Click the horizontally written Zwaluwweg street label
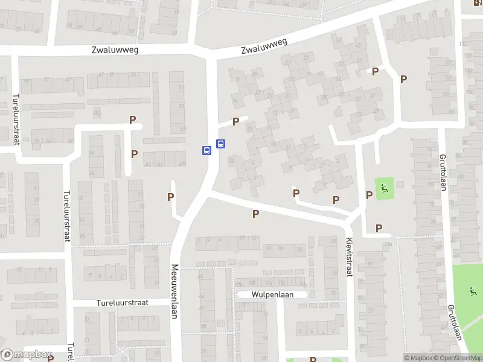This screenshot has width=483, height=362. point(115,50)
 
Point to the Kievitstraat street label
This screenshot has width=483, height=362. point(348,257)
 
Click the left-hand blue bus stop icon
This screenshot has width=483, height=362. point(206,151)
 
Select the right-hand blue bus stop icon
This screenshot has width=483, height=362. point(221,144)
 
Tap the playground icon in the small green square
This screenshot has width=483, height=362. point(384,191)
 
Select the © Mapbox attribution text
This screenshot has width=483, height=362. point(418,358)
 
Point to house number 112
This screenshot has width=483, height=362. point(464,43)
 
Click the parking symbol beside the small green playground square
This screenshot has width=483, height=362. point(369,195)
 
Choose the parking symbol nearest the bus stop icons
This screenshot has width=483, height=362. point(235,121)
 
